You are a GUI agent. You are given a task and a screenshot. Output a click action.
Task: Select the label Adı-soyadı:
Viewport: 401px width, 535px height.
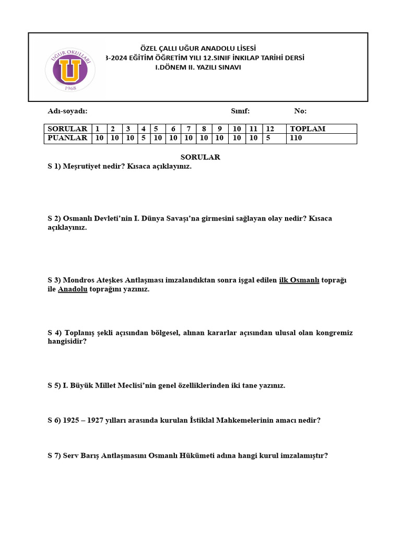67,111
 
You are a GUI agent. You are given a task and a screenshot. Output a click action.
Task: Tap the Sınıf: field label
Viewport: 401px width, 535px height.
240,111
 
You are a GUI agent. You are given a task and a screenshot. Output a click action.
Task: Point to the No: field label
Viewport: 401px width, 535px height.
300,111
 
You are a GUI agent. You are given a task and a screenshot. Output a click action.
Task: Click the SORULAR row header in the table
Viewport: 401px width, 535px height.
67,129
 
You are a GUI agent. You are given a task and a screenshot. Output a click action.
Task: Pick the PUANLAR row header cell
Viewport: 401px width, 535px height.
67,138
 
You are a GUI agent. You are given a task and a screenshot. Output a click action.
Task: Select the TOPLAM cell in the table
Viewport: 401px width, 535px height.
308,129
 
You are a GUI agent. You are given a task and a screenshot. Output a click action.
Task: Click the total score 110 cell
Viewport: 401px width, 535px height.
296,138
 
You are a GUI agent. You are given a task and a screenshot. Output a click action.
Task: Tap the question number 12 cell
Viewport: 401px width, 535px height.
270,129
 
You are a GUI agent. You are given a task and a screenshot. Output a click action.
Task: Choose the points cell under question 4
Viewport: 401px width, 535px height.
144,138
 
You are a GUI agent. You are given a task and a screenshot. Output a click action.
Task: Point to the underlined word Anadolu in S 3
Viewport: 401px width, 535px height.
73,289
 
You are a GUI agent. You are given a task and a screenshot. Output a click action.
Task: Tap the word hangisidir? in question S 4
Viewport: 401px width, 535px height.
67,342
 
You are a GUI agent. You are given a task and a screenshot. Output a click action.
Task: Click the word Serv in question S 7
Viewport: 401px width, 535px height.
70,456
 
